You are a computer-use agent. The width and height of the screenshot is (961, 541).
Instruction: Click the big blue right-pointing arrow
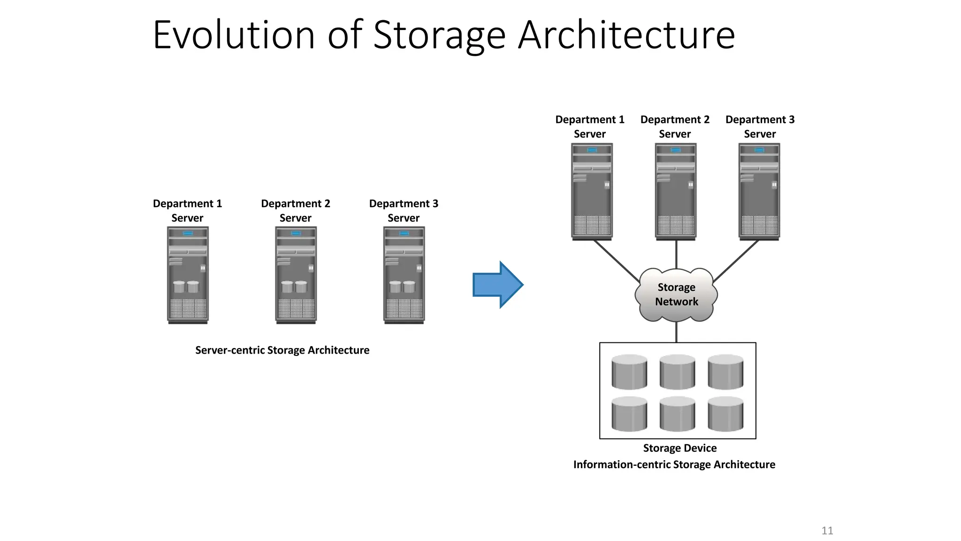496,285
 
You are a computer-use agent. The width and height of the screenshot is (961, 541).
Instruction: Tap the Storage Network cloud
676,294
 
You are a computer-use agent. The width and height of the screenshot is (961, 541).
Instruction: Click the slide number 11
827,531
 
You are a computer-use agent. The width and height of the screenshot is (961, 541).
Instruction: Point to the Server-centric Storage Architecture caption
282,350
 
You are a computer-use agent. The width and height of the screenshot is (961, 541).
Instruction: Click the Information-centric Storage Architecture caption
674,464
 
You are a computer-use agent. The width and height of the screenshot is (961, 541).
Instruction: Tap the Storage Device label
679,448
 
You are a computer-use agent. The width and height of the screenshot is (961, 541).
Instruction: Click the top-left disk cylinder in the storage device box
629,372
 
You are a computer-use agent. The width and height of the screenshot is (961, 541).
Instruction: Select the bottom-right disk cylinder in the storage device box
725,414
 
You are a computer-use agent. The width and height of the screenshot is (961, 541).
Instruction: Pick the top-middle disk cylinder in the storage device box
677,372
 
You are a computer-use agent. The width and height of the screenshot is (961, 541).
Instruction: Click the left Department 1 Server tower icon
188,275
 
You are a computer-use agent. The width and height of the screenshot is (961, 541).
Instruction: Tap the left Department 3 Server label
404,210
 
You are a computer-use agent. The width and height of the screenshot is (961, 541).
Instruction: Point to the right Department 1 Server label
590,126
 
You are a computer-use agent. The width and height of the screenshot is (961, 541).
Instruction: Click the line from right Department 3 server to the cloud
735,261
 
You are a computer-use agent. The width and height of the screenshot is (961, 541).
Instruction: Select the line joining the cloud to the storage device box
676,332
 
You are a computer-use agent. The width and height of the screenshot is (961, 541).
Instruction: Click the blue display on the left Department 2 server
296,233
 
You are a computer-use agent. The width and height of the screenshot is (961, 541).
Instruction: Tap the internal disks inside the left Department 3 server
403,286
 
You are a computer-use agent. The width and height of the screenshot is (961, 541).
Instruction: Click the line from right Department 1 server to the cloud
617,261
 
